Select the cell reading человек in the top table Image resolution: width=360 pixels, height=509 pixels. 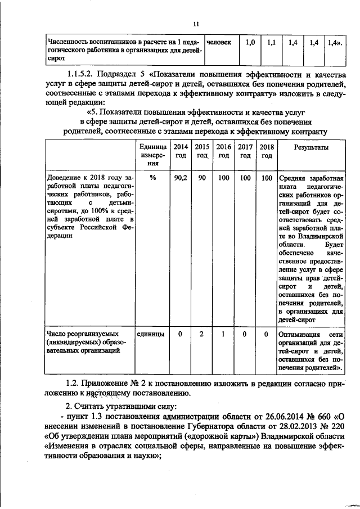pyautogui.click(x=219, y=42)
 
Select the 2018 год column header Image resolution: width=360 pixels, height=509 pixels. pyautogui.click(x=267, y=150)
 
